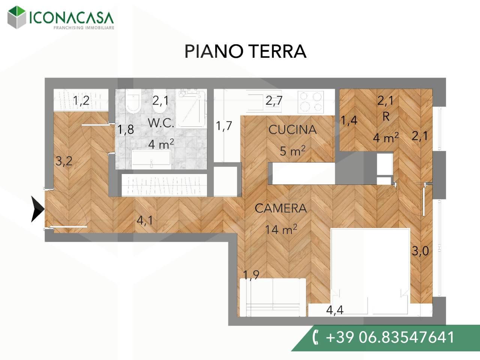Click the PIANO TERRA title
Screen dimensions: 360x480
[245, 51]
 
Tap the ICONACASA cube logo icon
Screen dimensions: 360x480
[17, 17]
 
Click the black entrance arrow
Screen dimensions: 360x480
[37, 209]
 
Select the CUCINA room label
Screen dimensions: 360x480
[292, 130]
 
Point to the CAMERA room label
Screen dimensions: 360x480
[280, 208]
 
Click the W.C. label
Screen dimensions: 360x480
[161, 123]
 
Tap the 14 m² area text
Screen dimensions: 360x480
[281, 229]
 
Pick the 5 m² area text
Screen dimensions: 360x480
[292, 151]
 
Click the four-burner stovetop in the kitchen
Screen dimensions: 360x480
[310, 102]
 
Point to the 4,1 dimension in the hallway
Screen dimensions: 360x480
[145, 220]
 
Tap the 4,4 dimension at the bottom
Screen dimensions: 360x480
[335, 310]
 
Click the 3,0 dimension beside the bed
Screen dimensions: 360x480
[420, 250]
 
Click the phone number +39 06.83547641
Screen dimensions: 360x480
[390, 337]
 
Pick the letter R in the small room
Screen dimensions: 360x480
[385, 117]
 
